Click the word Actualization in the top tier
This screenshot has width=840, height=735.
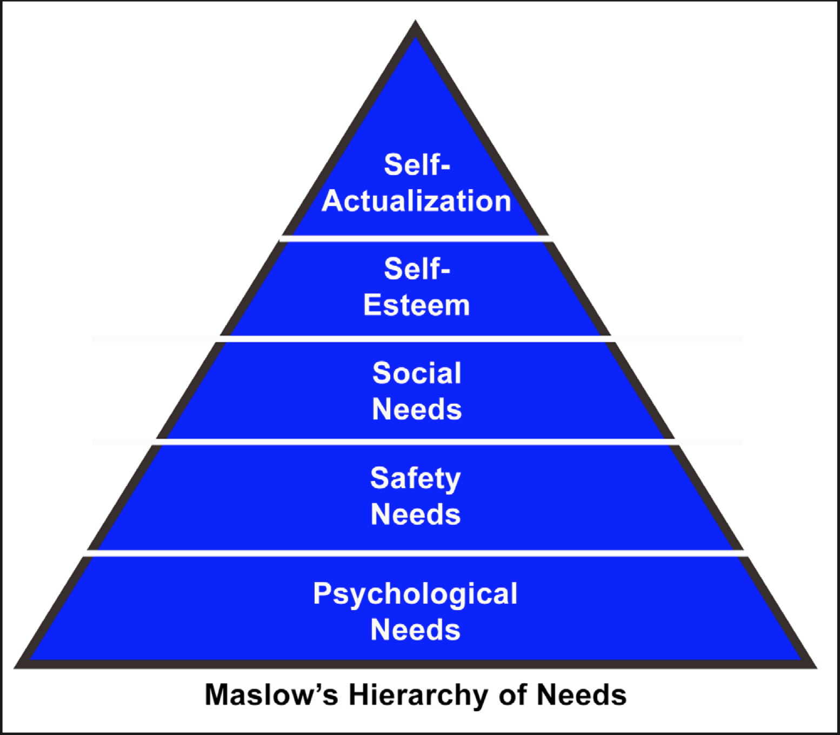(x=416, y=201)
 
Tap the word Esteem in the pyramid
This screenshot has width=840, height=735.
(x=416, y=305)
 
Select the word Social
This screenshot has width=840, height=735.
(x=417, y=373)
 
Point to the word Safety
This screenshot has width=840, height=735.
(x=416, y=479)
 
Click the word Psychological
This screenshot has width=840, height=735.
(x=415, y=594)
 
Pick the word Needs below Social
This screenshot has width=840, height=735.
(x=417, y=409)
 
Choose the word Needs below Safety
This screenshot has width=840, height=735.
(x=416, y=514)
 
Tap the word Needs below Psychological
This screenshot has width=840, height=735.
(x=416, y=630)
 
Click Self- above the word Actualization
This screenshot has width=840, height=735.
(x=417, y=164)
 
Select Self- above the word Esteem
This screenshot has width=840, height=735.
(x=417, y=269)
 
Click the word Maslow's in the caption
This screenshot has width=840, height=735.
(x=271, y=694)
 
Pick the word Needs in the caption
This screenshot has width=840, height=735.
(x=582, y=694)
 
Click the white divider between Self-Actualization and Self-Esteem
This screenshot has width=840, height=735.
(x=416, y=238)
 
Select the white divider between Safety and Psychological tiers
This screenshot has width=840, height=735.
(x=416, y=553)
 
